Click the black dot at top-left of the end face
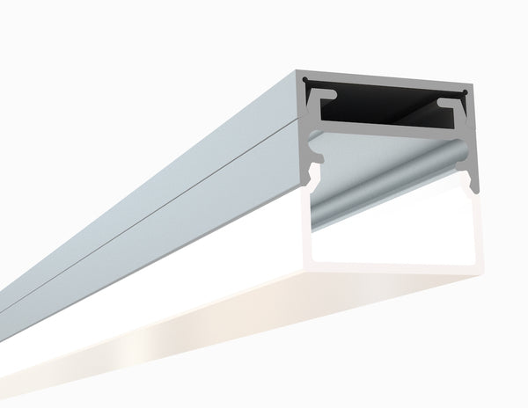coord(305,82)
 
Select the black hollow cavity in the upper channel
coord(387,101)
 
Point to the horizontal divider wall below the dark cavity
coord(387,126)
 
